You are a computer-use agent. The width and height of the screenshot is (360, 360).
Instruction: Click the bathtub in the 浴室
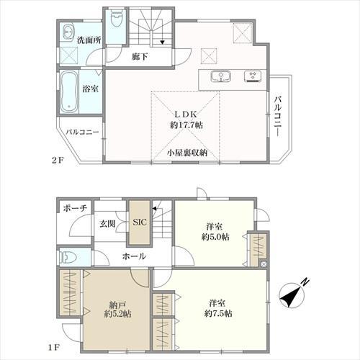tap(69, 91)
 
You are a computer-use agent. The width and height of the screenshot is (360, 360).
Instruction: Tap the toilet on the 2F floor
tap(116, 19)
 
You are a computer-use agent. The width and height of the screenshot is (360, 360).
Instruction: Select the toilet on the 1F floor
tap(68, 258)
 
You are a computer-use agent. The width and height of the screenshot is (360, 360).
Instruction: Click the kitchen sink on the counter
tap(221, 76)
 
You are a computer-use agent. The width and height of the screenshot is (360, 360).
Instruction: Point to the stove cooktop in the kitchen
tap(253, 76)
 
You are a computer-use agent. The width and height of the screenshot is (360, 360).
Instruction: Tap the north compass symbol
tap(294, 294)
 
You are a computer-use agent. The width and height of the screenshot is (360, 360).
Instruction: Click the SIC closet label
tap(140, 222)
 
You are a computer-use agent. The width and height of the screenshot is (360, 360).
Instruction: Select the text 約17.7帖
tap(186, 125)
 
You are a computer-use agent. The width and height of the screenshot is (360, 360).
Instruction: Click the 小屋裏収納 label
tap(187, 153)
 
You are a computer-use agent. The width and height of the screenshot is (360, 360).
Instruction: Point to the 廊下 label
tap(140, 57)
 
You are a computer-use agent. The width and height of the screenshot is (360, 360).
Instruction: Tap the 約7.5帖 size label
tap(218, 313)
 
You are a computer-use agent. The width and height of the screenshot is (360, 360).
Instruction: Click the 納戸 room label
tap(117, 305)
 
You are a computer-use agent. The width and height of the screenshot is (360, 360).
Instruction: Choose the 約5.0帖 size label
tap(215, 237)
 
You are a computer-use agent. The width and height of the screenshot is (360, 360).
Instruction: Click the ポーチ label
tap(75, 208)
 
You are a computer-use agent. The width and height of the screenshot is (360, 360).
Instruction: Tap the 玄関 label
tap(107, 224)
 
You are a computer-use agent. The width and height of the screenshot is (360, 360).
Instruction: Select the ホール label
tap(134, 256)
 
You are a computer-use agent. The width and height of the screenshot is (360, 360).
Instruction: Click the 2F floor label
tap(58, 160)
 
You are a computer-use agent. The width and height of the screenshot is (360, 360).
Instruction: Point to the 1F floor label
tap(54, 348)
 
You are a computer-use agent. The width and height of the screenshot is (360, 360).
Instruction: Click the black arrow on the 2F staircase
tap(163, 42)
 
